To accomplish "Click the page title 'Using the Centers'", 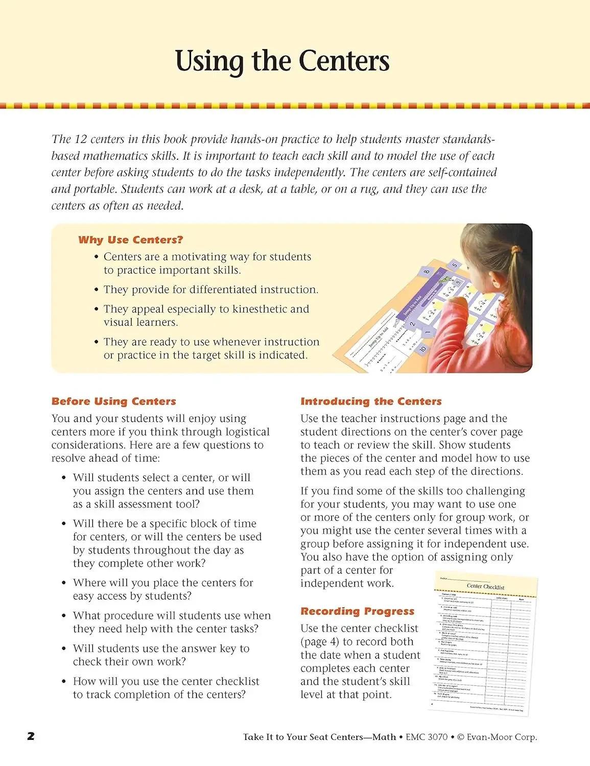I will point(282,61).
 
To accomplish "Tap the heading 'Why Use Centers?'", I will point(130,240).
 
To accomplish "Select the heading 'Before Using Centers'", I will point(113,401).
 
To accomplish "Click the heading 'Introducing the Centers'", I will point(371,401).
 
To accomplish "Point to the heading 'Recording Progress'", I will point(357,611).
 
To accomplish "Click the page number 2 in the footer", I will point(31,736).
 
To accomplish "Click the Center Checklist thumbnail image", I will point(482,643).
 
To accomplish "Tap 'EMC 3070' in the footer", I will point(427,737).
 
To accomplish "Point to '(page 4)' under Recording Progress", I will point(320,642).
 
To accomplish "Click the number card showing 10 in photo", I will point(422,349).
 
